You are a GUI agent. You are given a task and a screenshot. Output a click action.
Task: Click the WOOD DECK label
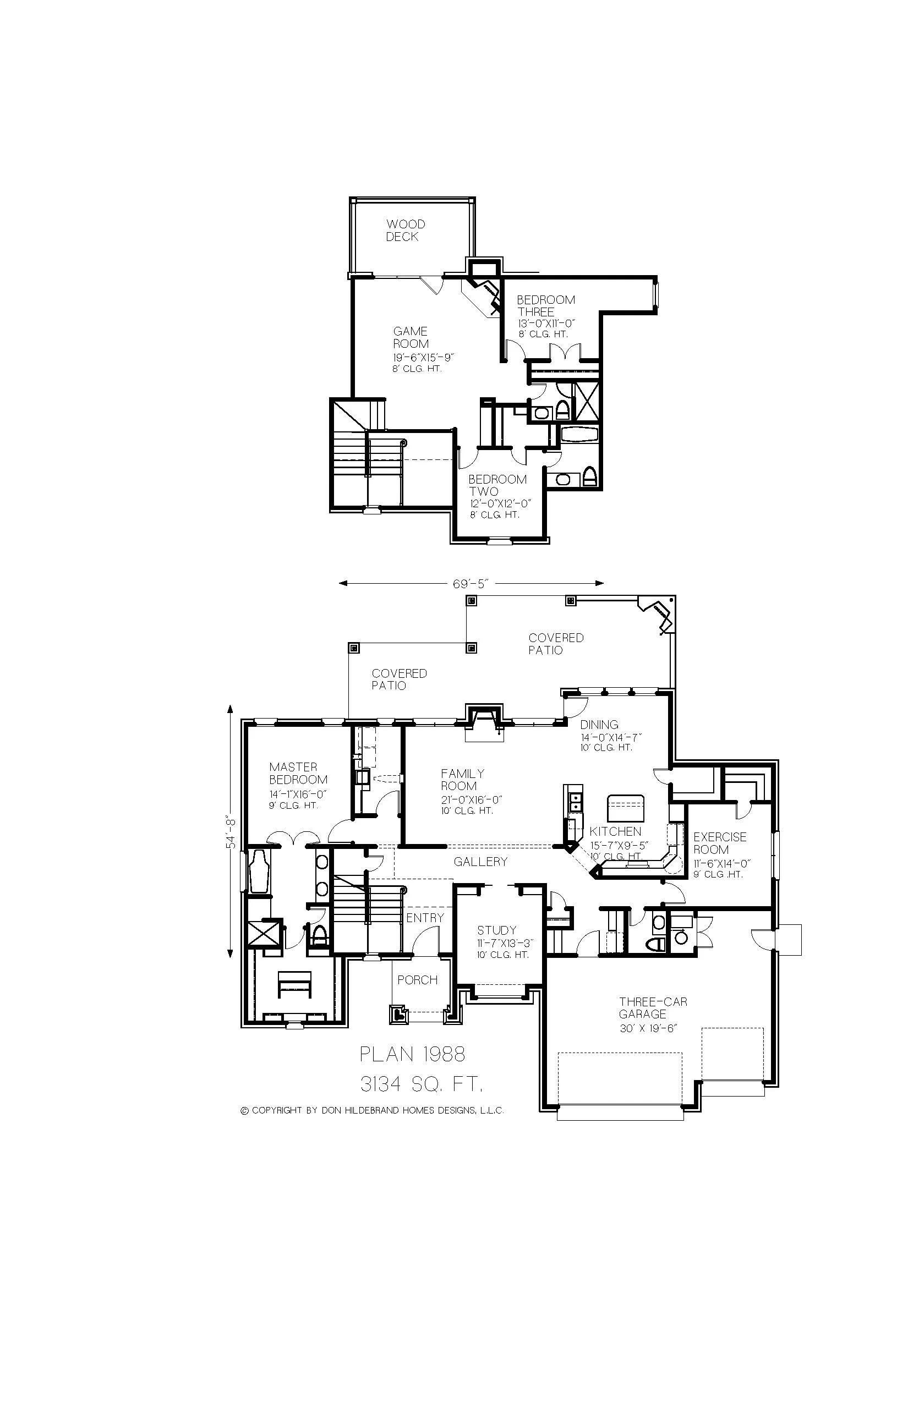coord(405,231)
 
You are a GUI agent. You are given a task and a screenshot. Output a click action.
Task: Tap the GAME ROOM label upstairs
coord(411,338)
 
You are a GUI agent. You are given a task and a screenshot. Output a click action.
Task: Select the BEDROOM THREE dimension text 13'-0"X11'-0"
coord(545,324)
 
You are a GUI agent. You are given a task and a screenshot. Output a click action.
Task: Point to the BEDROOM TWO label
coord(497,486)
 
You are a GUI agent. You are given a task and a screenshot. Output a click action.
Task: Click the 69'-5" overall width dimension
coord(471,584)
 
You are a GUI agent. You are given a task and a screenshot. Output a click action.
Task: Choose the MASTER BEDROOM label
coord(298,774)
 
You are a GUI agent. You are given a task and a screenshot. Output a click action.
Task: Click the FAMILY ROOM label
coord(462,780)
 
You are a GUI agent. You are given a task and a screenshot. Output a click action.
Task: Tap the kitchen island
coord(626,809)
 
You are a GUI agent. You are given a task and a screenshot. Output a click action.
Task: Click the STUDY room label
coord(496,931)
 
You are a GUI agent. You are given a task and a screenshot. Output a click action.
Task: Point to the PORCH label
coord(417,980)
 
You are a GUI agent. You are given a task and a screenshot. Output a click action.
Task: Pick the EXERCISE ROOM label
coord(719,843)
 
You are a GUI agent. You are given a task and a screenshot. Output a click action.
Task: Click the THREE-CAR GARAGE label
coord(652,1008)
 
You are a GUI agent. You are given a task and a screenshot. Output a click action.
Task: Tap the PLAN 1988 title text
coord(412,1055)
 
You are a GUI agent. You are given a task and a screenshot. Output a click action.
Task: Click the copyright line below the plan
coord(372,1111)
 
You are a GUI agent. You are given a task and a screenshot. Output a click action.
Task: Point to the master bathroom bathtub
coord(259,872)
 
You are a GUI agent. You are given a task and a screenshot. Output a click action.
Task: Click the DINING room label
coord(599,725)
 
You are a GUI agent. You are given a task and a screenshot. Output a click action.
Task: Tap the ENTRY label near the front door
coord(424,918)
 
